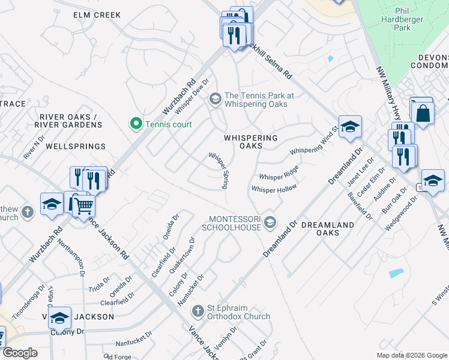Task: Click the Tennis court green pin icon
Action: pos(136,124)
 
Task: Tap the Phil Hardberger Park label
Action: pos(410,20)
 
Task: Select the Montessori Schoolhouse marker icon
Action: pos(270,223)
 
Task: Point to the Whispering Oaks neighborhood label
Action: pos(251,142)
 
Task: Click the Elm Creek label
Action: pos(97,15)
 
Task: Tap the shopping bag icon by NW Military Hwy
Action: pos(423,112)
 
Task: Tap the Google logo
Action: pos(20,353)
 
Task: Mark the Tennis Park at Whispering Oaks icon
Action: pos(215,99)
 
